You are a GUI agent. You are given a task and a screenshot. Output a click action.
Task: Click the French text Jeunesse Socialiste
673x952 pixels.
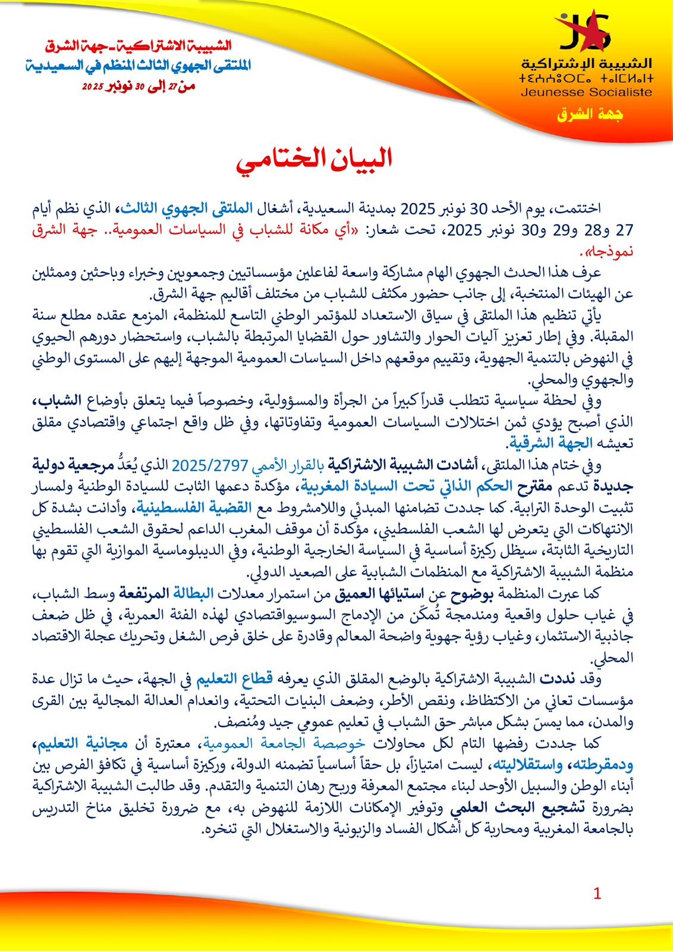tap(586, 92)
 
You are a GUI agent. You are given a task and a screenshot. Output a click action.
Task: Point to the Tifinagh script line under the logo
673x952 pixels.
tap(586, 79)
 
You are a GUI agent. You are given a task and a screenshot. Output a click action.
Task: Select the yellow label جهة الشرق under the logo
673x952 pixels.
tap(590, 114)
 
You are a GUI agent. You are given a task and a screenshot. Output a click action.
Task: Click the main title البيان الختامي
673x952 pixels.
tap(315, 160)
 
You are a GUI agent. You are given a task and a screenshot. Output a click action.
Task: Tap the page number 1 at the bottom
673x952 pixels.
tap(597, 893)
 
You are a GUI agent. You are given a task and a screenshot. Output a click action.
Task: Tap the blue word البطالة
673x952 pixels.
tap(193, 593)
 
